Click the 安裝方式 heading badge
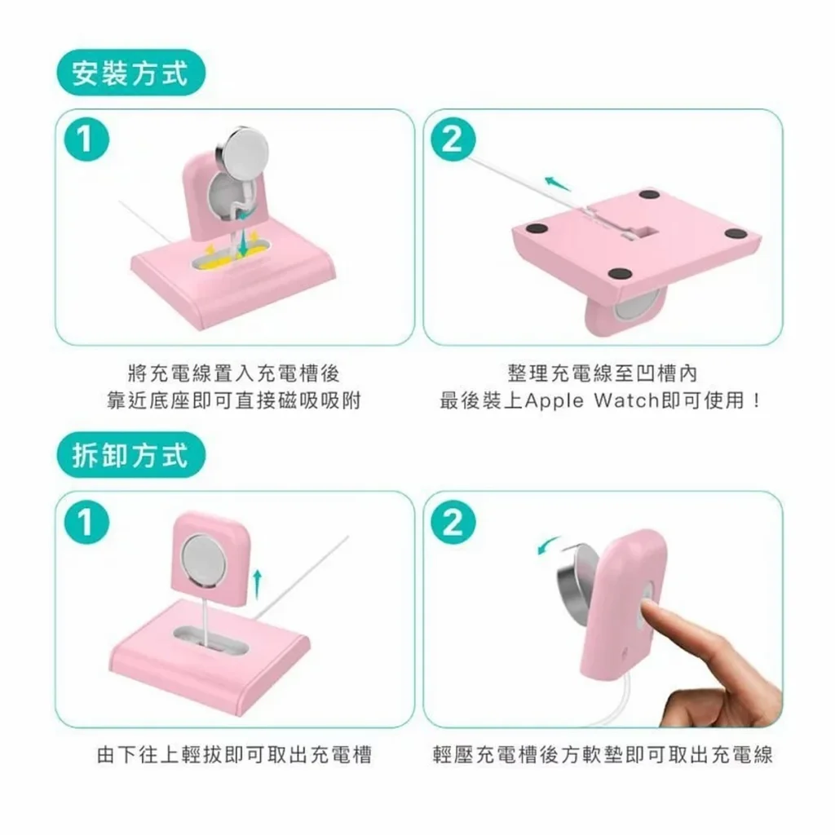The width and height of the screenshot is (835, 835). (x=131, y=73)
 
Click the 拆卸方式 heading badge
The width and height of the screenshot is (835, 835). (x=131, y=455)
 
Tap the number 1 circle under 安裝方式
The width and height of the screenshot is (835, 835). (x=86, y=139)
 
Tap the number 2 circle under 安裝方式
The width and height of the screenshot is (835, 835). (x=453, y=139)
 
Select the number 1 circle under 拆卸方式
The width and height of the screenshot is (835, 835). (x=86, y=522)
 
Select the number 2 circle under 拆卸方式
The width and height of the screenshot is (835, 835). (x=453, y=522)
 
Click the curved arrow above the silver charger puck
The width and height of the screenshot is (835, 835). (x=549, y=545)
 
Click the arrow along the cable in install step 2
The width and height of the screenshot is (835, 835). (x=558, y=184)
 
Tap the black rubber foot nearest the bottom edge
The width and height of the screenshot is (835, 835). (x=620, y=274)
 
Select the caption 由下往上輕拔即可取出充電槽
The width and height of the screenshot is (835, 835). (x=234, y=754)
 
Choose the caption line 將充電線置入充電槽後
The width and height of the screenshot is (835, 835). (x=234, y=373)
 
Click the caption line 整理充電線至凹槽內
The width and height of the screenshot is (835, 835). (x=603, y=373)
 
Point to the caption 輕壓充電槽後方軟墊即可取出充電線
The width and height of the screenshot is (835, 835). (x=603, y=754)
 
